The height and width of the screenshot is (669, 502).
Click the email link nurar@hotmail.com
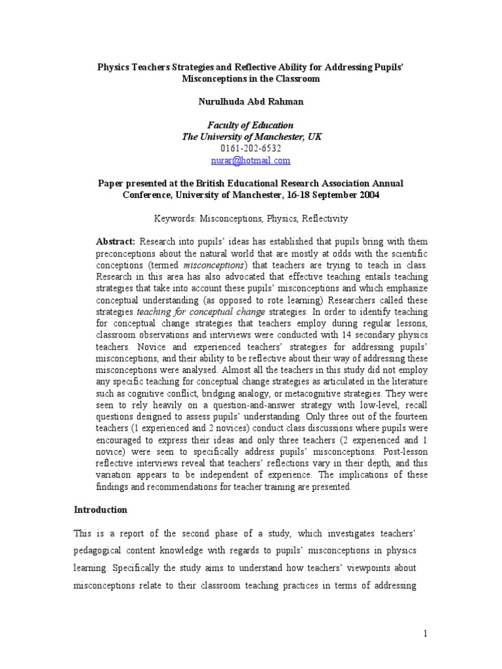pyautogui.click(x=251, y=160)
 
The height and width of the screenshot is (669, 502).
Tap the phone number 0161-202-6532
pyautogui.click(x=251, y=148)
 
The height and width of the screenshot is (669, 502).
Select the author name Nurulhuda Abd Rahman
pyautogui.click(x=251, y=102)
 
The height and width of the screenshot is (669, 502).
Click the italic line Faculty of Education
pyautogui.click(x=251, y=125)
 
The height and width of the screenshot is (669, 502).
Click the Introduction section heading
pyautogui.click(x=100, y=510)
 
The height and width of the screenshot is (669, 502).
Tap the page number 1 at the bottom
pyautogui.click(x=424, y=634)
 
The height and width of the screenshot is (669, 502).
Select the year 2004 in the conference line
pyautogui.click(x=366, y=195)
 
